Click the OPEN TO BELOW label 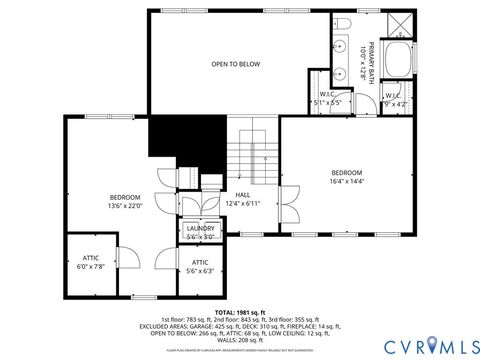tap(235, 64)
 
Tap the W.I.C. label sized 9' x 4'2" tap(395, 99)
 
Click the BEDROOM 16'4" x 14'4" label tap(347, 176)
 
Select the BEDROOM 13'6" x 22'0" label tap(126, 201)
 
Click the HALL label tap(242, 199)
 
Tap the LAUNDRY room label tap(200, 232)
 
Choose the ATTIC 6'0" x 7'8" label tap(90, 262)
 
